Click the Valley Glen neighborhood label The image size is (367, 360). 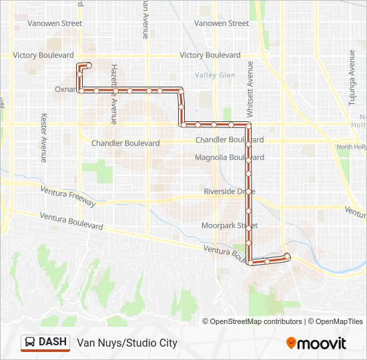pyautogui.click(x=215, y=75)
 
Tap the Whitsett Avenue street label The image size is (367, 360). pyautogui.click(x=250, y=87)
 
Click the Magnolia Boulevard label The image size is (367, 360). pyautogui.click(x=229, y=157)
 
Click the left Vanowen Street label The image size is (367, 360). pyautogui.click(x=54, y=23)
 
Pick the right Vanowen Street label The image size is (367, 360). pyautogui.click(x=221, y=23)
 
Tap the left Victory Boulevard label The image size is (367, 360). pyautogui.click(x=47, y=55)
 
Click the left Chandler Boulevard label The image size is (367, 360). pyautogui.click(x=125, y=143)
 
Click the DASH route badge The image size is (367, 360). pyautogui.click(x=46, y=343)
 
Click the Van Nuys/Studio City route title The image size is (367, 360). pyautogui.click(x=127, y=343)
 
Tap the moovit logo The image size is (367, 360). pyautogui.click(x=316, y=343)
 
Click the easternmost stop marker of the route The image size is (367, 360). pyautogui.click(x=287, y=256)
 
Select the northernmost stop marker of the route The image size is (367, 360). pyautogui.click(x=88, y=65)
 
